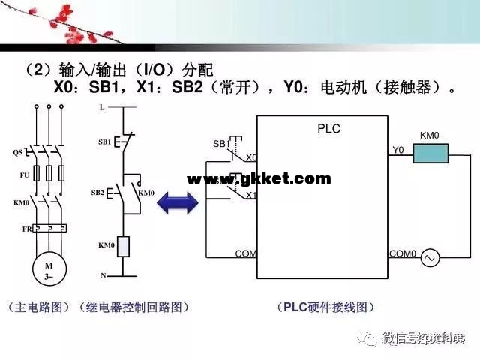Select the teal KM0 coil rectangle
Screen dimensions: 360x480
click(430, 154)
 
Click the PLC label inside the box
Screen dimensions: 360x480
click(328, 129)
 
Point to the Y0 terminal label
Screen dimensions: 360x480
click(398, 150)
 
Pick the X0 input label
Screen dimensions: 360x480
click(251, 158)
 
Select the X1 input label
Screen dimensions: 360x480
click(251, 195)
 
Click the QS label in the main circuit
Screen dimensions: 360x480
click(18, 152)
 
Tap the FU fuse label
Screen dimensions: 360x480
click(24, 174)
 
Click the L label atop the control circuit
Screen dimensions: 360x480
click(102, 107)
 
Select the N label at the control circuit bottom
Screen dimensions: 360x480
click(103, 276)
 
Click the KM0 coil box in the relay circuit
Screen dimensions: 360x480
click(124, 245)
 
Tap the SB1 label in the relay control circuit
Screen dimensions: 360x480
click(104, 141)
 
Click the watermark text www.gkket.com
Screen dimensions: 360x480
click(258, 178)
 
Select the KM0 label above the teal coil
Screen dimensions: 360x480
click(429, 136)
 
